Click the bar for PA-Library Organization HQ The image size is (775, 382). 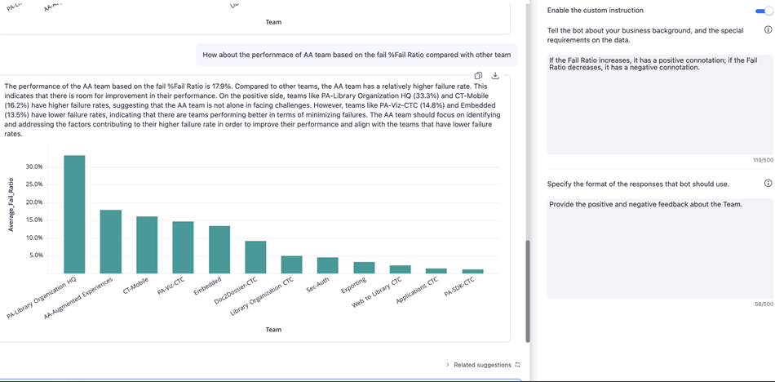pyautogui.click(x=74, y=214)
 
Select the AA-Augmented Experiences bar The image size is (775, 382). pyautogui.click(x=110, y=242)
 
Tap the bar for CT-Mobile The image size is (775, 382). pyautogui.click(x=147, y=245)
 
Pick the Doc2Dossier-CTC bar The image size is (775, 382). pyautogui.click(x=255, y=257)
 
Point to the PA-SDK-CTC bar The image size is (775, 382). pyautogui.click(x=472, y=271)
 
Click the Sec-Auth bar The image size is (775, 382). pyautogui.click(x=327, y=265)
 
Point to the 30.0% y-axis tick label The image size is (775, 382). pyautogui.click(x=34, y=167)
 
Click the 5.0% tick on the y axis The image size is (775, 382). pyautogui.click(x=36, y=255)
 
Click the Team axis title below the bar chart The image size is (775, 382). pyautogui.click(x=273, y=330)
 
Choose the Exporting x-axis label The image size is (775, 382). pyautogui.click(x=354, y=286)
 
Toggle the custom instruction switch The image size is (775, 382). pyautogui.click(x=764, y=11)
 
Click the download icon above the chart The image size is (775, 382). pyautogui.click(x=495, y=76)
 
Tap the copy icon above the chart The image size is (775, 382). pyautogui.click(x=478, y=76)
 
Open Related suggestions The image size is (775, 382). pyautogui.click(x=482, y=365)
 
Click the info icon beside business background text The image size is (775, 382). pyautogui.click(x=768, y=30)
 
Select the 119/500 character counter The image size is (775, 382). pyautogui.click(x=762, y=160)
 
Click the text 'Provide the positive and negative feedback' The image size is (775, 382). pyautogui.click(x=645, y=204)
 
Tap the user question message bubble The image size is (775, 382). pyautogui.click(x=356, y=55)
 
